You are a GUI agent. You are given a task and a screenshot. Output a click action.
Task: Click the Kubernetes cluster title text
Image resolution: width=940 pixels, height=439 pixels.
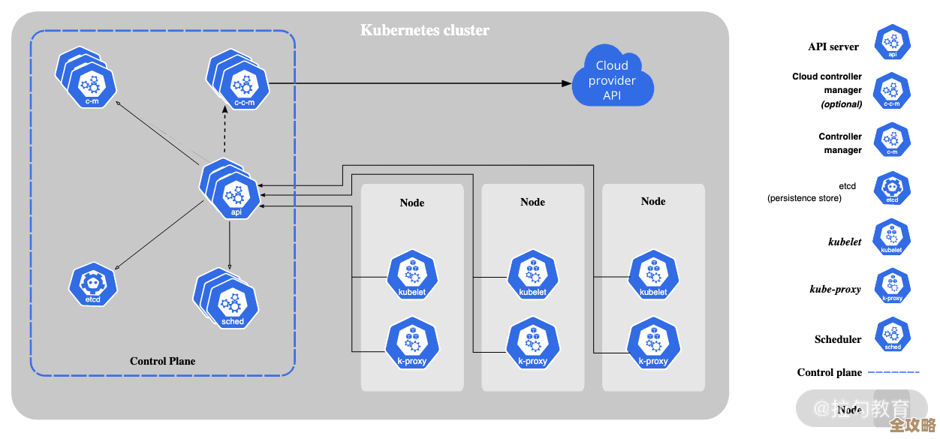coord(425,31)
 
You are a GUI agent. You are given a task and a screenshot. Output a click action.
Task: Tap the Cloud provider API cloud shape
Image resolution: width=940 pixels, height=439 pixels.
coord(612,80)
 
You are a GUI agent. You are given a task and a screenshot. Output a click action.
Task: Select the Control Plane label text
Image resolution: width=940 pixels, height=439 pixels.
coord(162,361)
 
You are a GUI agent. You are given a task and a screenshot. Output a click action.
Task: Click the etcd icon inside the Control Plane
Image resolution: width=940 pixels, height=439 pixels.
coord(93,284)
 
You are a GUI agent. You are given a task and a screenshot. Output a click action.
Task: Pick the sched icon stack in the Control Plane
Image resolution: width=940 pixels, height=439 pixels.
coord(228,300)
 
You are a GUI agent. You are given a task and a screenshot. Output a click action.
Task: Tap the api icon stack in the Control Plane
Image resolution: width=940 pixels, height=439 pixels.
coord(232,188)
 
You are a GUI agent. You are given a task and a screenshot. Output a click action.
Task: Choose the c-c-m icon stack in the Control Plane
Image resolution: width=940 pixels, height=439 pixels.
coord(239,80)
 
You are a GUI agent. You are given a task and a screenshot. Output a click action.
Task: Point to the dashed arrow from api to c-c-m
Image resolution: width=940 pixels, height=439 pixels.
coord(225,131)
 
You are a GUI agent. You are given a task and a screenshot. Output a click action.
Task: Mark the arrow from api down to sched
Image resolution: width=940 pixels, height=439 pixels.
coord(230,244)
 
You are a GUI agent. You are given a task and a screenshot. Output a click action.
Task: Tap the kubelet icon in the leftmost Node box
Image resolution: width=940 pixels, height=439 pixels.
coord(412,275)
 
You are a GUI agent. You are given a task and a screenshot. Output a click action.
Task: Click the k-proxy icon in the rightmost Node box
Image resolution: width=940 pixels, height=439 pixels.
coord(653,344)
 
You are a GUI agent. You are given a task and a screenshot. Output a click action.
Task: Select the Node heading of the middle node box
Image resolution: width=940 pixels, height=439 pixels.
coord(532,202)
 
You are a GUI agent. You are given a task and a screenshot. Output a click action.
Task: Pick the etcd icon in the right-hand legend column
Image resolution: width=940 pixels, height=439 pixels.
coord(892,188)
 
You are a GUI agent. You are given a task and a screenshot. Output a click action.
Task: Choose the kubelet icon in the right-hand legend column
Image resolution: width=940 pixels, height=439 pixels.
coord(892,237)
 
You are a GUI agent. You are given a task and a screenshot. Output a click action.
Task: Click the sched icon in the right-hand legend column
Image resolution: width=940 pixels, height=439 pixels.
coord(893,335)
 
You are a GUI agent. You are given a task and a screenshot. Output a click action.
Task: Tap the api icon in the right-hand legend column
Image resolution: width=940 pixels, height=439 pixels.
coord(892,42)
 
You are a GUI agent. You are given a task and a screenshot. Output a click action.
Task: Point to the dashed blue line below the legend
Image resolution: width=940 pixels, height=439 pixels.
coord(893,371)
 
